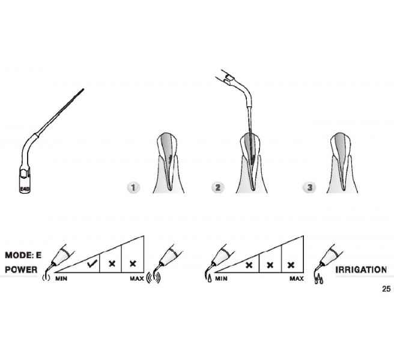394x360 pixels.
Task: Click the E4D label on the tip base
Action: [25, 189]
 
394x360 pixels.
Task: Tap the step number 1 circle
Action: [133, 188]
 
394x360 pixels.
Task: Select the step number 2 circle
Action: [217, 188]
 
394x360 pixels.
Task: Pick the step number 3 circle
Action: [310, 188]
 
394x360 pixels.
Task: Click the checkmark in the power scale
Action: [92, 263]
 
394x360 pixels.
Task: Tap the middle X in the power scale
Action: [112, 263]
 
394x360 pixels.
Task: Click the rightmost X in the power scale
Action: [133, 263]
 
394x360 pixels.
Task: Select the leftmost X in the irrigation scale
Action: [249, 265]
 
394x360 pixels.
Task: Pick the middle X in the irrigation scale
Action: [270, 265]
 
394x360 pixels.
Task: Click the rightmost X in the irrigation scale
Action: [291, 265]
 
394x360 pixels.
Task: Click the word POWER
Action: [21, 270]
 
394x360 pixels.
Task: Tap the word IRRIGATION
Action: [361, 270]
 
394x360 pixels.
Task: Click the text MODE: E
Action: [23, 256]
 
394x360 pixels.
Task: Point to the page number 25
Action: [386, 289]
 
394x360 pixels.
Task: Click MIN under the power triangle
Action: [61, 278]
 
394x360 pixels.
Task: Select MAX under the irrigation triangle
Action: [297, 278]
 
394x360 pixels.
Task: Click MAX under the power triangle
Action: [137, 278]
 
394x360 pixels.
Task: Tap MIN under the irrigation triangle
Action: [221, 278]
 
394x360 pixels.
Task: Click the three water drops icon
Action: [318, 280]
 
